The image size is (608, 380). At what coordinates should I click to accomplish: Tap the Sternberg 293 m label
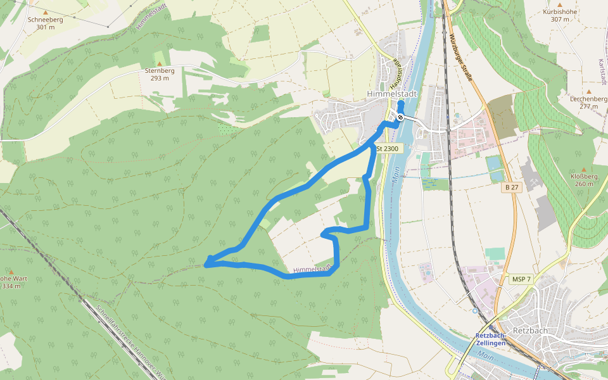coord(160,74)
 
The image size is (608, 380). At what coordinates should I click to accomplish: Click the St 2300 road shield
coord(388,148)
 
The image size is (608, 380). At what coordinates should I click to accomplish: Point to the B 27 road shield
coord(511,187)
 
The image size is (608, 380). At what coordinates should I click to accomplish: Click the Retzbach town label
coord(529,331)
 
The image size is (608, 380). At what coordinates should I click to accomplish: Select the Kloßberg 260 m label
coord(584,180)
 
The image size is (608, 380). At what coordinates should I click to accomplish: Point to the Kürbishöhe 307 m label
coord(560,15)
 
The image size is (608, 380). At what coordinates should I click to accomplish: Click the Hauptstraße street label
coord(396,72)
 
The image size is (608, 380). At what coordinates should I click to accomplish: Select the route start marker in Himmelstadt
coord(400,117)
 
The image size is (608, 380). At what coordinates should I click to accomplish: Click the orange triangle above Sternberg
coord(160,62)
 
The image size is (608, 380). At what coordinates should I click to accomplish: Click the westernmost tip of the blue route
coord(206,263)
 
